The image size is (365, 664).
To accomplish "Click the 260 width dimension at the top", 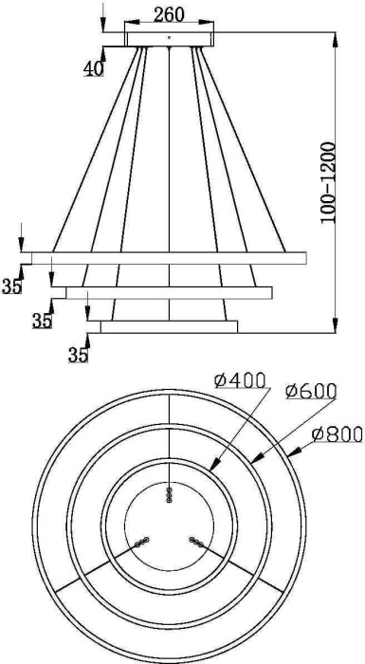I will pos(169,16).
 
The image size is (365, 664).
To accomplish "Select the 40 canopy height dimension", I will pos(93,68).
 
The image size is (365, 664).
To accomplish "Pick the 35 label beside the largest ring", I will pos(11,286).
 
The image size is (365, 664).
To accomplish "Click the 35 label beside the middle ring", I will pos(42,321).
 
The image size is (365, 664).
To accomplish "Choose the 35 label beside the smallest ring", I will pos(78,355).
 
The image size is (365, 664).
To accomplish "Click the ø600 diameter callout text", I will pos(306,390).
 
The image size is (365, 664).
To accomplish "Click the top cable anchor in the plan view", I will pos(170,493).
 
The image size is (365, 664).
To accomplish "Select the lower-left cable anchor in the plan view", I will pos(141,542).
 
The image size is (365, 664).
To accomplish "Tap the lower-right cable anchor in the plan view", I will pos(196,542).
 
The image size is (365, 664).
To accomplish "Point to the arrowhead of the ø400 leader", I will pos(210,468).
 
